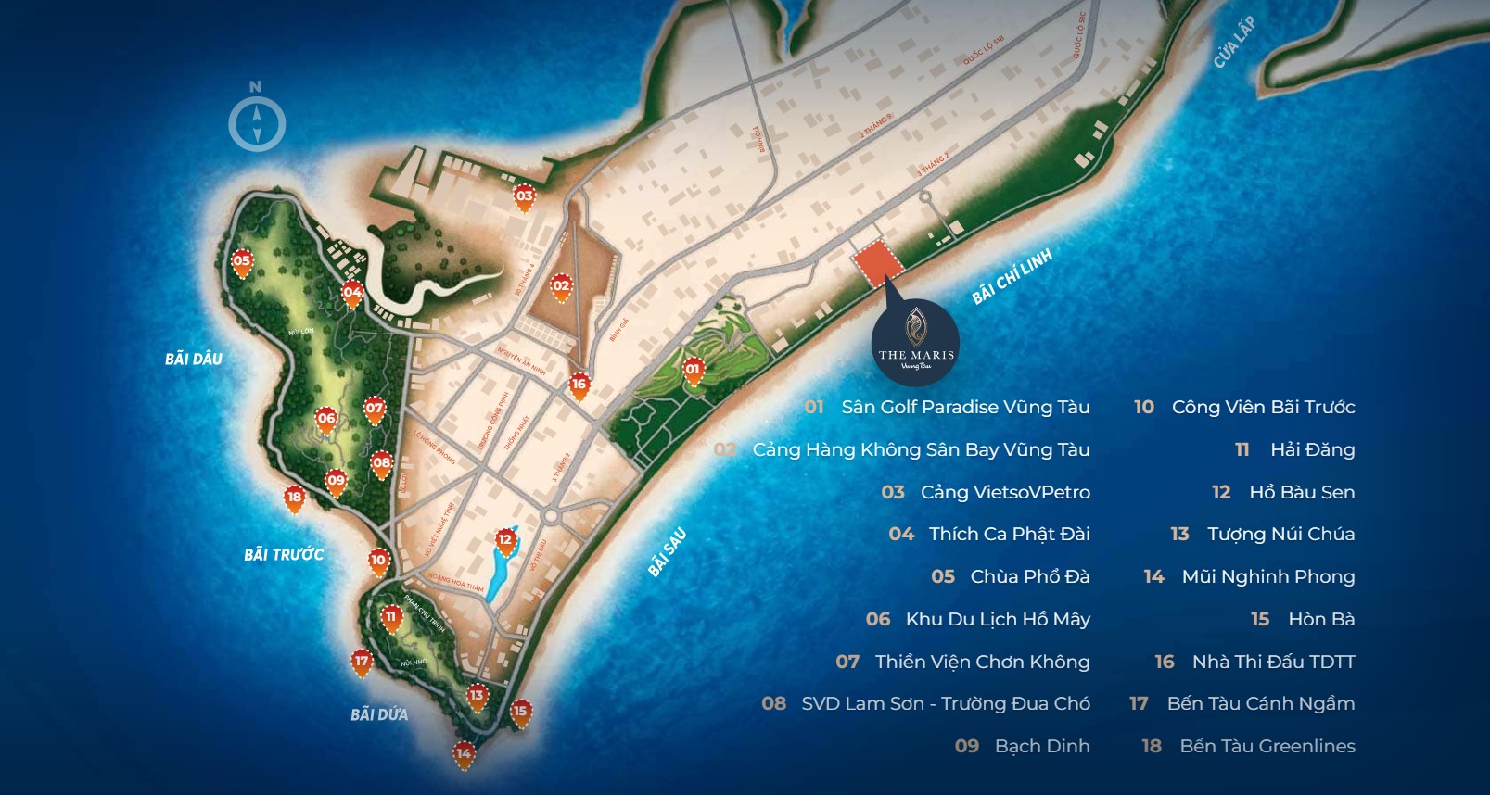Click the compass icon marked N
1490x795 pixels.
(257, 123)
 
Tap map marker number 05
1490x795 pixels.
(242, 262)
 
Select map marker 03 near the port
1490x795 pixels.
(525, 196)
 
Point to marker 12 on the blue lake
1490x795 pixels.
(505, 540)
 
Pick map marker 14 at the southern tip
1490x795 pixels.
(464, 754)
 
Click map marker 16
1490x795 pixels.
(579, 385)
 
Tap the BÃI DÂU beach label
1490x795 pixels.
(194, 359)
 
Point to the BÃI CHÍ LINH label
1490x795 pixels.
(1012, 277)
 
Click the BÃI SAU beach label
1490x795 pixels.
(667, 552)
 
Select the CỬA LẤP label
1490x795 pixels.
(1234, 43)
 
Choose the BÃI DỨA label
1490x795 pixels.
(379, 714)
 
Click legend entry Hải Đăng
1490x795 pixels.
(1312, 449)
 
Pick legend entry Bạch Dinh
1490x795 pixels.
(1041, 746)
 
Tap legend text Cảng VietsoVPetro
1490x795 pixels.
(1005, 492)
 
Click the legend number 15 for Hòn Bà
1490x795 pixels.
(1260, 619)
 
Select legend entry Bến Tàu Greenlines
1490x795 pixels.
(1267, 746)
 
